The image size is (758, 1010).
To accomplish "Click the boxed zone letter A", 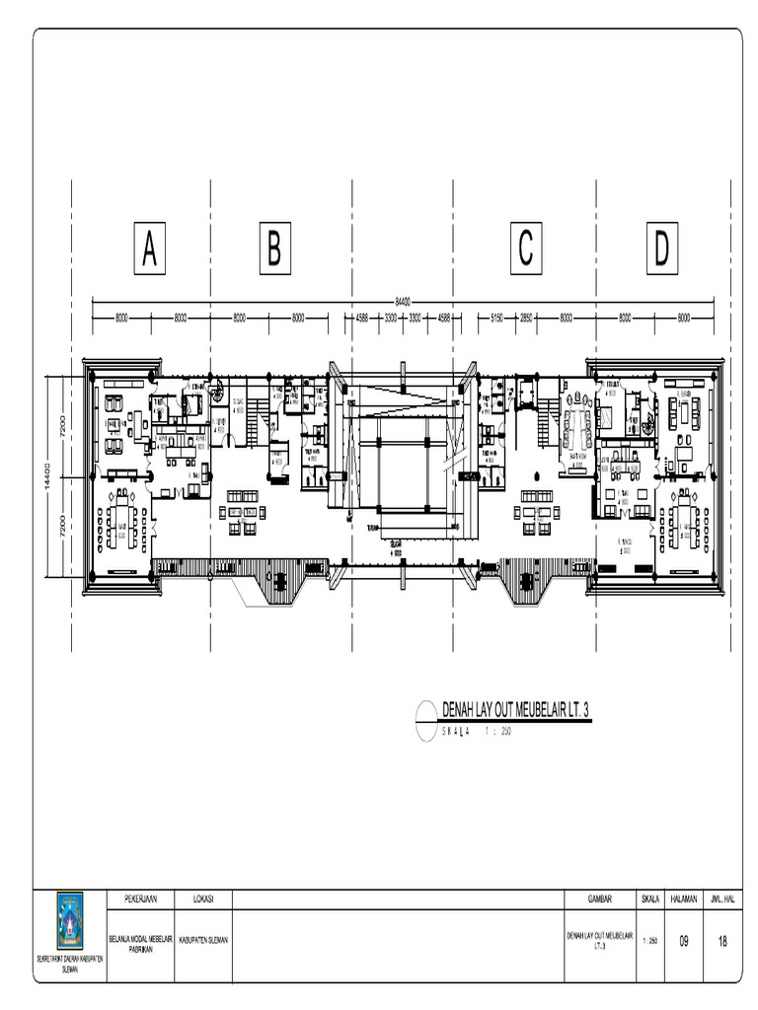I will coord(148,250).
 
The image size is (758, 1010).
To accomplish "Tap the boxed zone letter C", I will coord(526,250).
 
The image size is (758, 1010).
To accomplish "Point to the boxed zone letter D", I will coord(659,250).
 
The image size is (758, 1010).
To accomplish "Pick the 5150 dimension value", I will coord(496,318).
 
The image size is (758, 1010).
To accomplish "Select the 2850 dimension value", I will coord(527,318).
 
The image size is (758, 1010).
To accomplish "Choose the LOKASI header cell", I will coord(203,899).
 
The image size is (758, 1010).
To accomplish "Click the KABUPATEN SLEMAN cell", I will coord(203,940).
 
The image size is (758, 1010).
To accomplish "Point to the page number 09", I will coord(683,941).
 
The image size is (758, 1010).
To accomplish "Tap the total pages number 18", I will coord(722,941).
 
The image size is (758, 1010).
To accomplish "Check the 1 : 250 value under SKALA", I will coord(650,941).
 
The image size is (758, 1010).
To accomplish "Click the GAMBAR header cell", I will coord(599,899).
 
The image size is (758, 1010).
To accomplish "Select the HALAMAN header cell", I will coord(683,899).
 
